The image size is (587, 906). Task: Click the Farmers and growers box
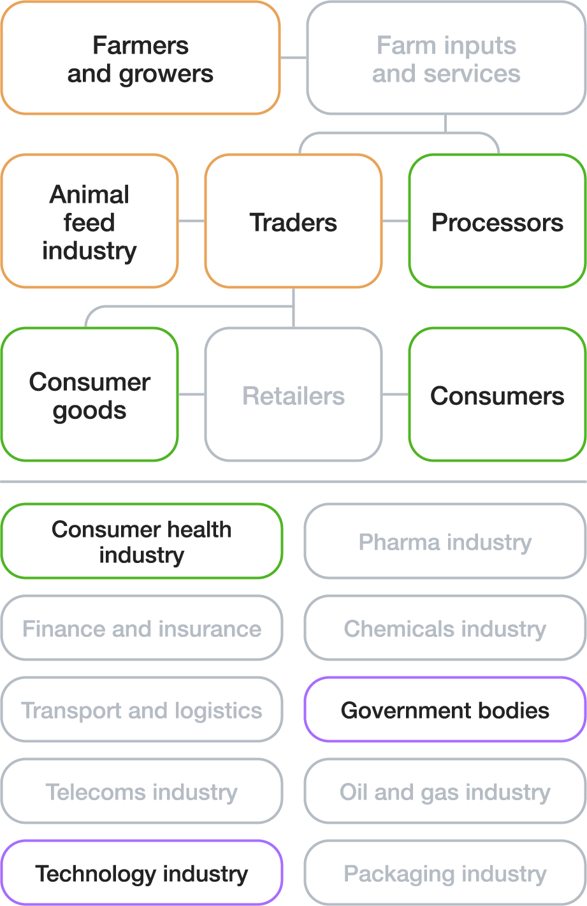pos(140,59)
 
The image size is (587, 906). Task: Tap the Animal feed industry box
pos(89,221)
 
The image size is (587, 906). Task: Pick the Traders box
pos(293,221)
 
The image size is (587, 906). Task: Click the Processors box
pos(497,221)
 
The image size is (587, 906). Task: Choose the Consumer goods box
pos(89,395)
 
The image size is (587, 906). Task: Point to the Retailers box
pos(293,395)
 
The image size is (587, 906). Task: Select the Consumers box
pos(497,395)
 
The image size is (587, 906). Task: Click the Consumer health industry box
pos(141,541)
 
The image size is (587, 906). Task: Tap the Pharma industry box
pos(445,541)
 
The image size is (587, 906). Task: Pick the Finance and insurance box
pos(141,628)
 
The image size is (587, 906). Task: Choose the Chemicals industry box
pos(445,628)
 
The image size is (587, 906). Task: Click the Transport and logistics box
pos(141,710)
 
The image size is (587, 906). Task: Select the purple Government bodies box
pos(445,710)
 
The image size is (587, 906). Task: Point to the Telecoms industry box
pos(141,791)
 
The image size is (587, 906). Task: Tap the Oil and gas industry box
pos(445,791)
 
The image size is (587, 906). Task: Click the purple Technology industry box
pos(141,873)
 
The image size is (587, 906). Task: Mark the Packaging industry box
pos(445,873)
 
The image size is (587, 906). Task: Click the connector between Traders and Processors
pos(395,221)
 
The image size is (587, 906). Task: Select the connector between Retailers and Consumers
pos(395,395)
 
